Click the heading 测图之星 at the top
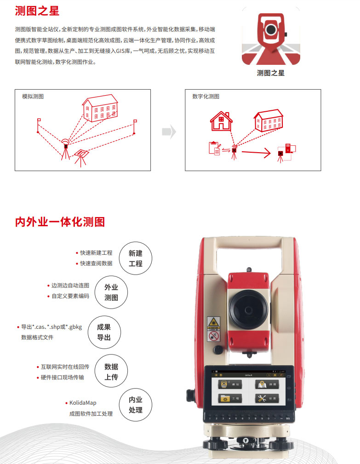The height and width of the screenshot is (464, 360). [x=37, y=11]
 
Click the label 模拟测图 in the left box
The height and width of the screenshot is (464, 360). [x=33, y=97]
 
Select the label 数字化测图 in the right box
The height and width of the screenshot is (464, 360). [x=206, y=97]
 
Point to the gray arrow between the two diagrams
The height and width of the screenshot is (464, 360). [x=169, y=132]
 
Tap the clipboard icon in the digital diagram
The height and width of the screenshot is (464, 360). [x=214, y=148]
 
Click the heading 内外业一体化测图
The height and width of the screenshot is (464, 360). [x=60, y=222]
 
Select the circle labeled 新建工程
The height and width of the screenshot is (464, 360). [x=136, y=259]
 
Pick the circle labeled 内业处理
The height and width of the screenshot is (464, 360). [x=136, y=405]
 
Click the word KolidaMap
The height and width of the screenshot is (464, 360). [x=83, y=403]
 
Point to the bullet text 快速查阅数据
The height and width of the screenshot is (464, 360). [x=96, y=264]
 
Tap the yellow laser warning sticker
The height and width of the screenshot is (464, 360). [x=213, y=323]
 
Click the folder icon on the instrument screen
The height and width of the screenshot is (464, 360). [x=226, y=399]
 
